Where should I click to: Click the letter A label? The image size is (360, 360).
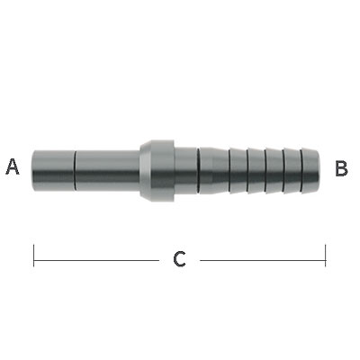coord(13,166)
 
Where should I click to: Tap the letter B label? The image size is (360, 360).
coord(341,167)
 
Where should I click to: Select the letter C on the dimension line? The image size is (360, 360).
coord(179,260)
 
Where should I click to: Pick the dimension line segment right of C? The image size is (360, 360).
coord(261,260)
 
